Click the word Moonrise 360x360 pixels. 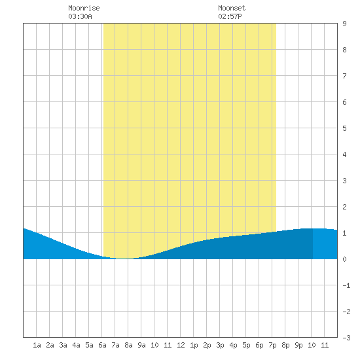click(84, 8)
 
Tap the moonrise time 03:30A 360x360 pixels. click(80, 16)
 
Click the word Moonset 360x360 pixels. click(232, 8)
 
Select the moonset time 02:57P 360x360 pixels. click(230, 16)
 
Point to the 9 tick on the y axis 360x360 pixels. click(344, 24)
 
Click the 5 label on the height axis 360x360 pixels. click(344, 128)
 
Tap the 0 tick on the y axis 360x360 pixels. click(344, 259)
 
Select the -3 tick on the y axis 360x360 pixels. click(346, 338)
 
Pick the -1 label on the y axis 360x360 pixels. click(346, 285)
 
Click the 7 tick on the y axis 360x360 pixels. click(344, 76)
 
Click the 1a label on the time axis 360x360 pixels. click(37, 345)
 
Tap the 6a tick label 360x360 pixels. click(102, 345)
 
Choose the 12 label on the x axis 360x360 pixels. click(181, 345)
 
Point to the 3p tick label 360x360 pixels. click(220, 345)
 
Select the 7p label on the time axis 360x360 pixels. click(272, 345)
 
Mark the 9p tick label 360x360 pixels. click(298, 345)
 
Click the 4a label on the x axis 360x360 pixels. click(76, 345)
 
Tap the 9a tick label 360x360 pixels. click(141, 345)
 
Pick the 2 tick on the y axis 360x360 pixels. click(344, 207)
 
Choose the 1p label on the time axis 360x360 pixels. click(194, 345)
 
